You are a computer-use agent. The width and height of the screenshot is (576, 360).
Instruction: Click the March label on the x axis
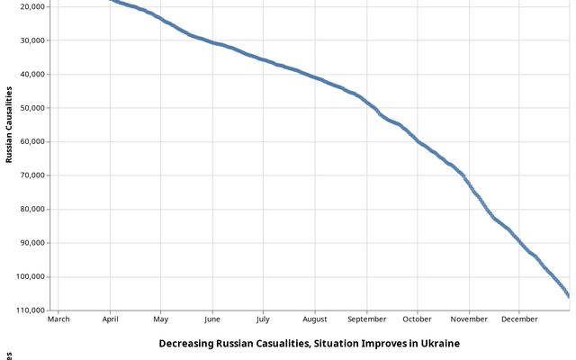pyautogui.click(x=58, y=319)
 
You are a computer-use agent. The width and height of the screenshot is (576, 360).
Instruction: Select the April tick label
pyautogui.click(x=110, y=319)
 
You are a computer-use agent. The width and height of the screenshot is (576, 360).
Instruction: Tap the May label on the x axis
pyautogui.click(x=160, y=319)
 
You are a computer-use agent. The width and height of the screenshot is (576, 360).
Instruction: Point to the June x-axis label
pyautogui.click(x=212, y=319)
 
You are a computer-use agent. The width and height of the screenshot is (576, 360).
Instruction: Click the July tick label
pyautogui.click(x=263, y=319)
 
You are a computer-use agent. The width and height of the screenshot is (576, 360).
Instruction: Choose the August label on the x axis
pyautogui.click(x=315, y=319)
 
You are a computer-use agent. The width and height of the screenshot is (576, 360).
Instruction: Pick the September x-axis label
pyautogui.click(x=366, y=319)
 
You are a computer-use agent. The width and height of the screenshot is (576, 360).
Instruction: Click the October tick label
pyautogui.click(x=417, y=319)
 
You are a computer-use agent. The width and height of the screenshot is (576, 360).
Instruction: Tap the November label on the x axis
pyautogui.click(x=469, y=319)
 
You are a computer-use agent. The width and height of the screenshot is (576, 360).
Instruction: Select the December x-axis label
pyautogui.click(x=519, y=319)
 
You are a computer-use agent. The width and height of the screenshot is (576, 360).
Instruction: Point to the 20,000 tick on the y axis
pyautogui.click(x=32, y=6)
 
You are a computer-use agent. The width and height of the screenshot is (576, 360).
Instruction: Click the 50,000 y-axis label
pyautogui.click(x=32, y=108)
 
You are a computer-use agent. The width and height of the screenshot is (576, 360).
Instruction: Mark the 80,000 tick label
pyautogui.click(x=32, y=209)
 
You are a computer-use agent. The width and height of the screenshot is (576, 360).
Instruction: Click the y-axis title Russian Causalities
pyautogui.click(x=9, y=124)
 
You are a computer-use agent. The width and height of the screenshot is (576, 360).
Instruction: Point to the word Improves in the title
pyautogui.click(x=374, y=344)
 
